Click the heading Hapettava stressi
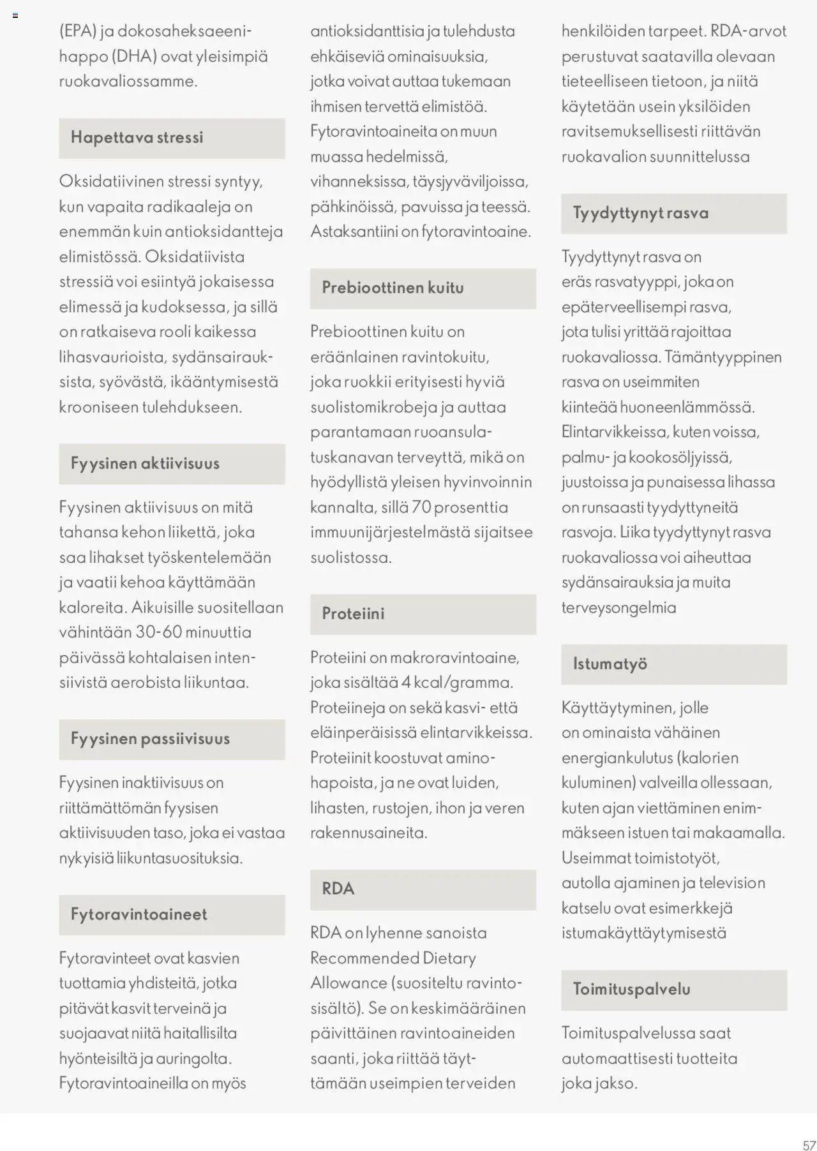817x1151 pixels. click(137, 138)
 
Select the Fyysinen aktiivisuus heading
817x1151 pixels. click(145, 464)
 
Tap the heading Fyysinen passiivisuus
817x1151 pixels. click(150, 739)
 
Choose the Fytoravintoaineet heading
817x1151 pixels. click(139, 914)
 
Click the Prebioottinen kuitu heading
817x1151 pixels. click(393, 288)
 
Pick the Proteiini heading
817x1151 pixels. click(353, 614)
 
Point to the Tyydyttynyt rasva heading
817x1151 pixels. click(640, 213)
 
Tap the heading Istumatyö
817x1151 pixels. click(610, 664)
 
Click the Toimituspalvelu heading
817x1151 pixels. click(631, 990)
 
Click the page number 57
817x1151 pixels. click(809, 1145)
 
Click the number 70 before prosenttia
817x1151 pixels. click(422, 507)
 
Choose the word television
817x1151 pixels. click(731, 883)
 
